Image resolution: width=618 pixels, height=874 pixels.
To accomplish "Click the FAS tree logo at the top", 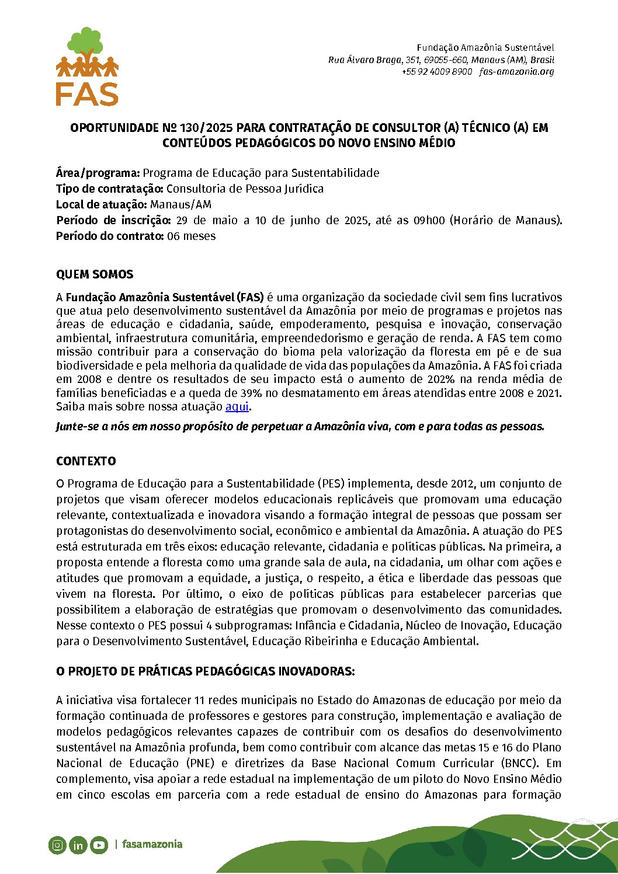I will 87,66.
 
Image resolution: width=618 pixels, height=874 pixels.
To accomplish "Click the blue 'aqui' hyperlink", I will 237,406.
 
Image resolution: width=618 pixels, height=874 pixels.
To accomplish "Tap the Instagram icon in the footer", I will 57,845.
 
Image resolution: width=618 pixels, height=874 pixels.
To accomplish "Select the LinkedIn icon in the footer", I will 78,845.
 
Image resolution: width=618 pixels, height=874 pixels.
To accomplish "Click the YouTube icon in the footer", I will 99,845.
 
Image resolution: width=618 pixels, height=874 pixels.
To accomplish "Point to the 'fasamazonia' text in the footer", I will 152,844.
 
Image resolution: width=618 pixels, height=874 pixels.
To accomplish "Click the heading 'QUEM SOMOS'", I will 95,274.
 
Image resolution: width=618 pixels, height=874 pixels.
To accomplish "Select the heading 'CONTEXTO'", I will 86,461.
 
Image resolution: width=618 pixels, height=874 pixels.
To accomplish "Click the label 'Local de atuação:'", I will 101,204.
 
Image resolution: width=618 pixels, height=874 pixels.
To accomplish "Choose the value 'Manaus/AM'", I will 180,204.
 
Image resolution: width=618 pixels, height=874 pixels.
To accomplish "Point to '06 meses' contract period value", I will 191,236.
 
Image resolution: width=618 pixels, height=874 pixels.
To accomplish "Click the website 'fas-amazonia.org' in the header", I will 516,72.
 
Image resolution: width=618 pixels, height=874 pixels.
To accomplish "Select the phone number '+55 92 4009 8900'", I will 436,72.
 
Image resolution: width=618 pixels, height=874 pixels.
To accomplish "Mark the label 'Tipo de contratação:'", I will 109,189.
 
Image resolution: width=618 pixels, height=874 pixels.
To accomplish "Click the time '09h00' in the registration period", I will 429,220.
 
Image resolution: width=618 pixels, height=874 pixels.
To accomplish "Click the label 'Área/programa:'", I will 98,173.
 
